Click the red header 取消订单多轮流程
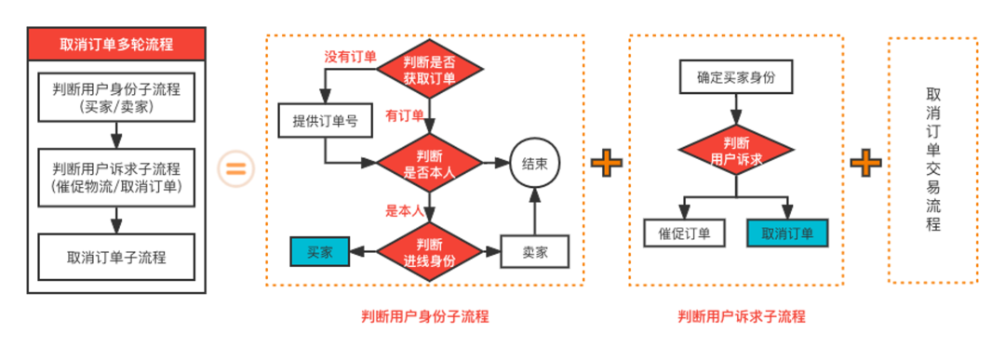(116, 44)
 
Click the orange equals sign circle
(234, 169)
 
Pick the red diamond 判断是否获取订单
(430, 69)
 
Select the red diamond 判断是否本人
(430, 164)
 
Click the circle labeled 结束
(534, 164)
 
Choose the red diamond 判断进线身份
(430, 251)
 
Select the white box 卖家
(534, 252)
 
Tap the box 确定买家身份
(735, 78)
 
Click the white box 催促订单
(684, 233)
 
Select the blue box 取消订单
(787, 233)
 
